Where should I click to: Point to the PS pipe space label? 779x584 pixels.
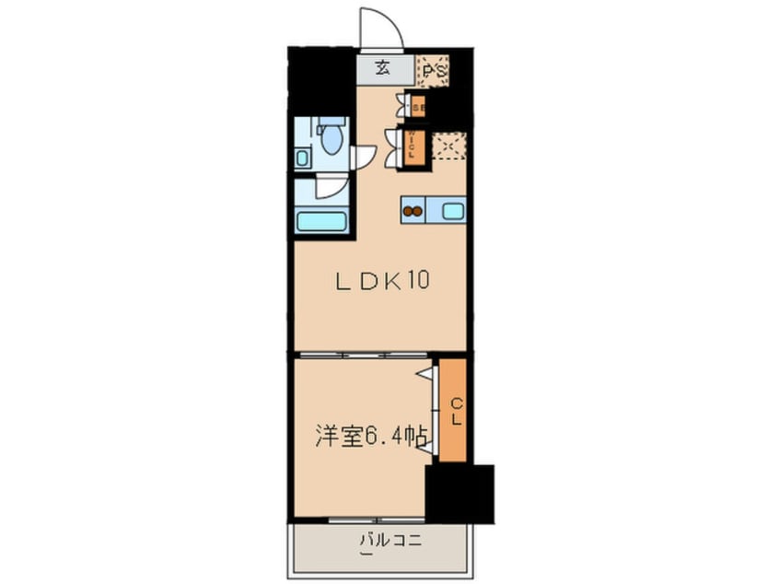tap(434, 70)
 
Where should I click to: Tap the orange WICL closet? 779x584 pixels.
tap(416, 145)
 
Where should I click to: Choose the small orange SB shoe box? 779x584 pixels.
tap(417, 107)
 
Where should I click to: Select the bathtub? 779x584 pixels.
tap(320, 222)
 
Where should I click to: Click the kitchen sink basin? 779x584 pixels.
tap(453, 211)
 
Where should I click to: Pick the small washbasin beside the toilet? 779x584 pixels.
tap(304, 158)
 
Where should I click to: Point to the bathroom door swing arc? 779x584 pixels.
tap(329, 189)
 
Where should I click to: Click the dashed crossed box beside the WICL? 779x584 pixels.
tap(451, 146)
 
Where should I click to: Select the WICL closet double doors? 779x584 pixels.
tap(396, 145)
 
